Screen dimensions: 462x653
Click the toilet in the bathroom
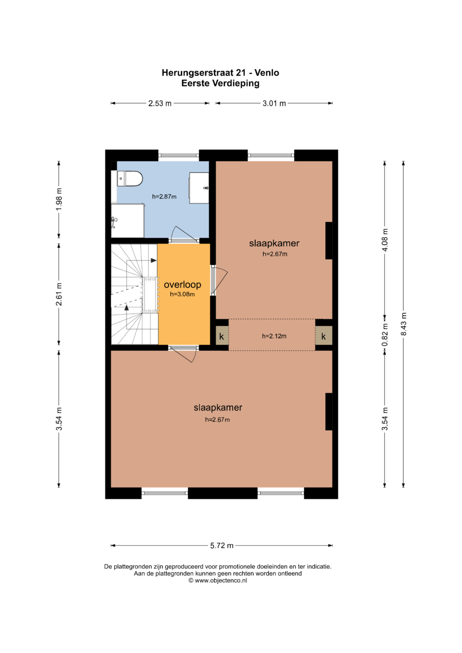click(x=130, y=179)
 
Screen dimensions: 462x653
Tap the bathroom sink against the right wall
click(x=199, y=188)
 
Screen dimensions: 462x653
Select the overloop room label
click(x=182, y=284)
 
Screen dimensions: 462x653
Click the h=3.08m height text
click(x=182, y=295)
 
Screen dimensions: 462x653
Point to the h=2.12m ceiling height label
click(x=274, y=336)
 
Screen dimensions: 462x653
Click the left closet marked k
click(x=222, y=336)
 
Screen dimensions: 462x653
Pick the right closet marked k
click(x=323, y=336)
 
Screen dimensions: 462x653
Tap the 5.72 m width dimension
click(x=222, y=545)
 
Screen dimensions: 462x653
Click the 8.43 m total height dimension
click(x=403, y=324)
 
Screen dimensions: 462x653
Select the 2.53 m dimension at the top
click(x=160, y=103)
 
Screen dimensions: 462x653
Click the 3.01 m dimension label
click(x=274, y=103)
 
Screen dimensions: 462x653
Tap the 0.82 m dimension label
click(x=385, y=335)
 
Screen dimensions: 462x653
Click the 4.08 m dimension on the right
click(x=385, y=240)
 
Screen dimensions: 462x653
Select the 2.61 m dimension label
click(x=59, y=294)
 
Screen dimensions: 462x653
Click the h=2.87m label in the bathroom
click(x=164, y=197)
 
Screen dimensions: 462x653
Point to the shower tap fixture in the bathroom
click(x=114, y=221)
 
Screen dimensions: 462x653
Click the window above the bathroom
click(x=179, y=155)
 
